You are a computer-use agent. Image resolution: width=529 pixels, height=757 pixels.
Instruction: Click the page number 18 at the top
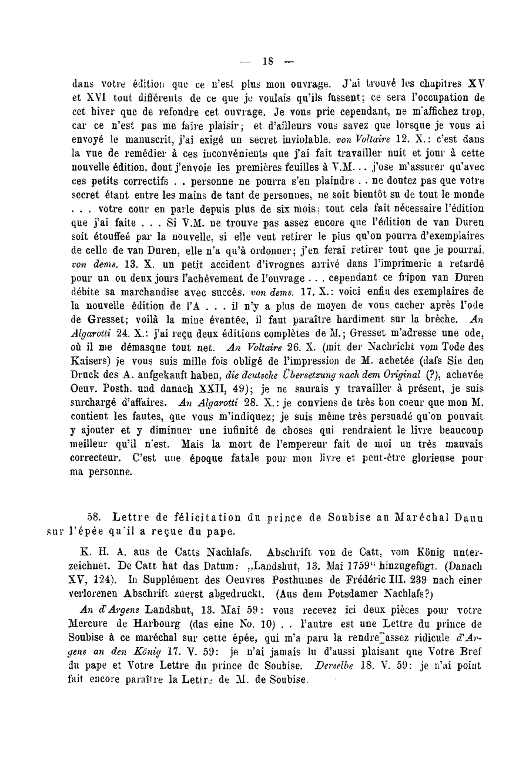(269, 60)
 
